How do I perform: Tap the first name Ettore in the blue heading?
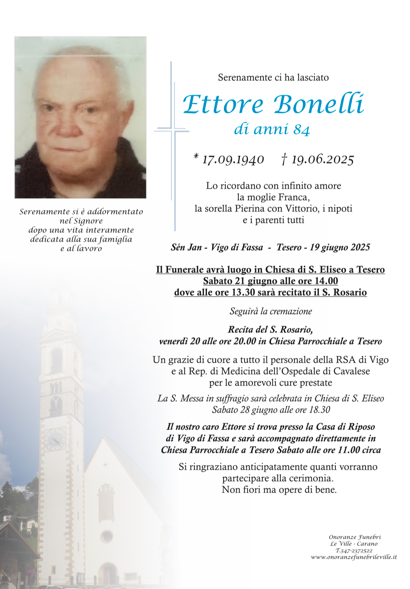223,104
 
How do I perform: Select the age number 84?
301,130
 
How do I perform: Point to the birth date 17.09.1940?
233,160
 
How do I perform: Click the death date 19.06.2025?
322,160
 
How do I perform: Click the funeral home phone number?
353,551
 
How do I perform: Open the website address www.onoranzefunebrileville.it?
353,557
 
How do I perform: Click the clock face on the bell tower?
55,439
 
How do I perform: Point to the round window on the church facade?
106,536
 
